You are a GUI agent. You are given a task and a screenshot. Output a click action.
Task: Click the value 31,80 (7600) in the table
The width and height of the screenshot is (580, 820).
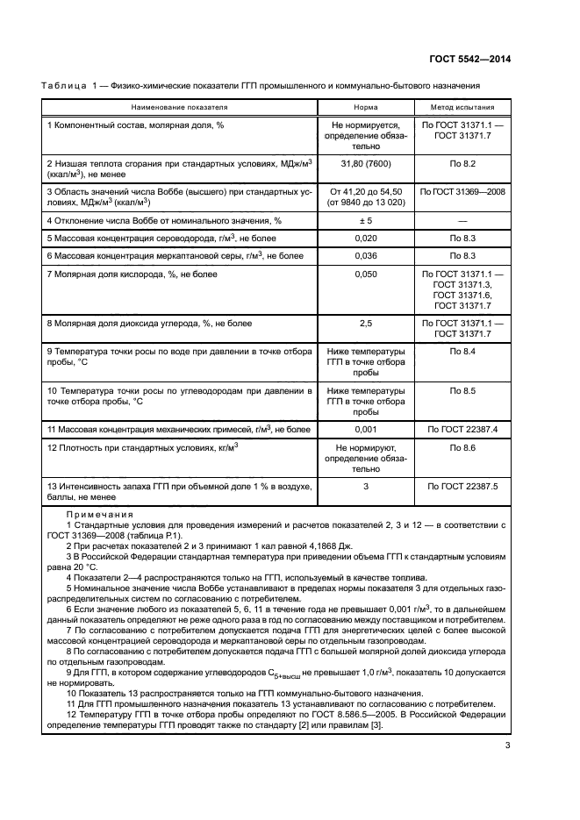[x=366, y=162]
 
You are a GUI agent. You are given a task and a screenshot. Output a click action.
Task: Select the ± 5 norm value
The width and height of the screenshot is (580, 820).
[x=366, y=220]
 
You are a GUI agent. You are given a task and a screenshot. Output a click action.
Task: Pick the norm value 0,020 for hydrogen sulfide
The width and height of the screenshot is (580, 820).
[x=366, y=238]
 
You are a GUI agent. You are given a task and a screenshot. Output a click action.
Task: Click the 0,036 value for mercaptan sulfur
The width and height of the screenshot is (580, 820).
[x=366, y=255]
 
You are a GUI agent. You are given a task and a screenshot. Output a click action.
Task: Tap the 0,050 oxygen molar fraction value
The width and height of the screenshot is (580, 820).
[x=366, y=275]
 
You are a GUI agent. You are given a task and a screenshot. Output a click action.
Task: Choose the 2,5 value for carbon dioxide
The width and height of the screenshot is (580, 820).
[x=366, y=324]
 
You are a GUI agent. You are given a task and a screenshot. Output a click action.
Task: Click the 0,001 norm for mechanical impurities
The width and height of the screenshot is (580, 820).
[x=366, y=429]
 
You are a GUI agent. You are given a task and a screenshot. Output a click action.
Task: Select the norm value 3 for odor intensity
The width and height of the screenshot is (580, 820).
[x=366, y=485]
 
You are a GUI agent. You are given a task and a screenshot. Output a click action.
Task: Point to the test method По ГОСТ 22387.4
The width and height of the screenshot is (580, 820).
[x=462, y=429]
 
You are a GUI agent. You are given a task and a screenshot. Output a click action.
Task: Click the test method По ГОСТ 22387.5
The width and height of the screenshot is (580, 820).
[x=462, y=485]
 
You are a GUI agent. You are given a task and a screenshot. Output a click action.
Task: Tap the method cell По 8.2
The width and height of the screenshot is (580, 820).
[x=462, y=162]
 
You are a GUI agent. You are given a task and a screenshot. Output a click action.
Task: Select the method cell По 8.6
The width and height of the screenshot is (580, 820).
[x=462, y=447]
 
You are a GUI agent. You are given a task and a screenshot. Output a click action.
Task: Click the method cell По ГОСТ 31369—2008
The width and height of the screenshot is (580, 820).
[x=462, y=190]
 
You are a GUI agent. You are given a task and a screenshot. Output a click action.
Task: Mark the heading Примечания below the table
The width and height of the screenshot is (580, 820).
[x=99, y=514]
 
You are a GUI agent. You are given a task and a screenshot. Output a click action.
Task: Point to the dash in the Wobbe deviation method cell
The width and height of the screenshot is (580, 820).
[x=462, y=220]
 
